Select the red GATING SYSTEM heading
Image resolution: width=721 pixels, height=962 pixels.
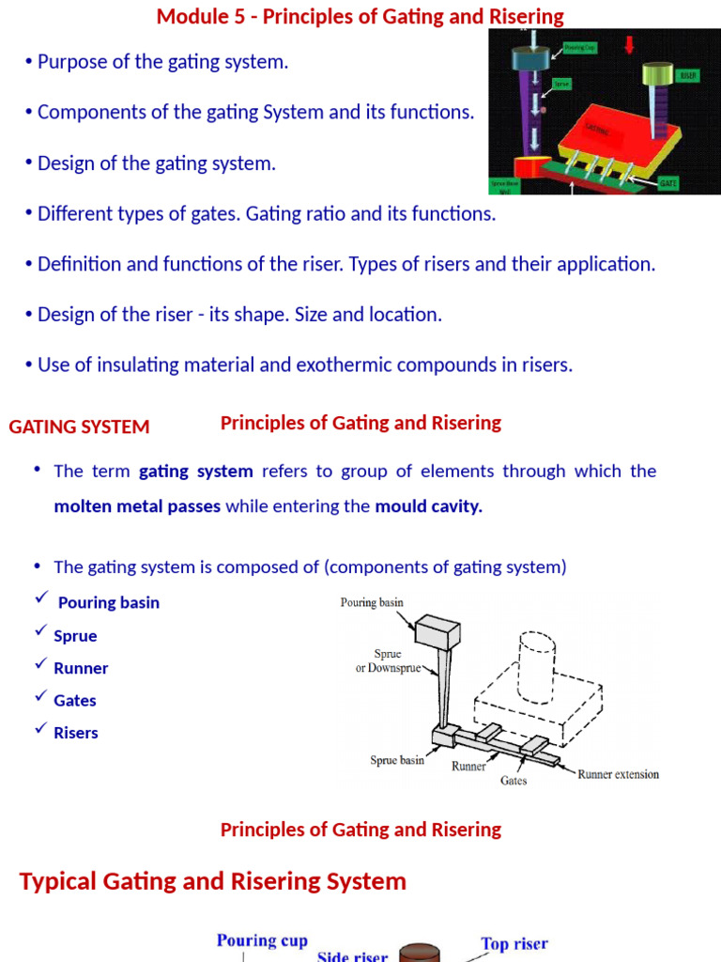click(x=79, y=427)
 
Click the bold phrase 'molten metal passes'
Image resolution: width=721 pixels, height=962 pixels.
click(x=137, y=506)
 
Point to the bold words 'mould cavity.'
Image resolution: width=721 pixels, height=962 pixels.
click(x=428, y=506)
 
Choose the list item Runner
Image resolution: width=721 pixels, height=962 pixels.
click(x=81, y=668)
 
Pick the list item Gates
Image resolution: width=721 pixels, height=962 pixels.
click(x=75, y=700)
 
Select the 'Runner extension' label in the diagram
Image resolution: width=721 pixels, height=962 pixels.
click(x=618, y=774)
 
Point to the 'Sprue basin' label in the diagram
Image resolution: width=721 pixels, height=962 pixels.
click(x=397, y=759)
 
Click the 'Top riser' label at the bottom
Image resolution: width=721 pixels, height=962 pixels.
click(x=514, y=943)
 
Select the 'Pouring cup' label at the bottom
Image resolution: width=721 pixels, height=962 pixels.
click(x=262, y=940)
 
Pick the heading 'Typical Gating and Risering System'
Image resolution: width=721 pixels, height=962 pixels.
click(x=213, y=881)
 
